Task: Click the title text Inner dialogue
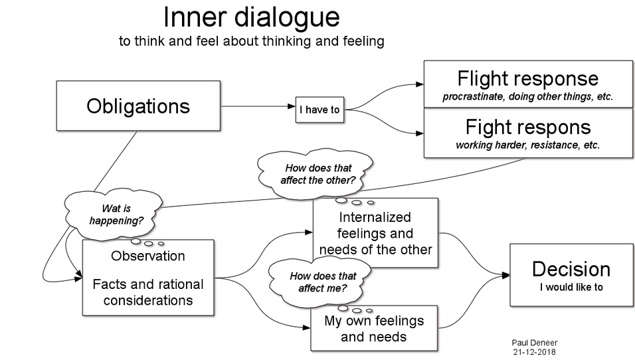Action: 251,18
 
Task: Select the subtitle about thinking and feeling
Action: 251,41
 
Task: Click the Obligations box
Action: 138,106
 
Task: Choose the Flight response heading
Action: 527,79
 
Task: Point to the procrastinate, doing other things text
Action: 527,96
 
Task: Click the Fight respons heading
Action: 527,127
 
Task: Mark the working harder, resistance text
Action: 527,145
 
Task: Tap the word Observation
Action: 148,256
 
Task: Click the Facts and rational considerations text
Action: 148,292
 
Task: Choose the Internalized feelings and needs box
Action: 375,233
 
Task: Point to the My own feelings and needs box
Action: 374,328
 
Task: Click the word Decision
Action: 571,269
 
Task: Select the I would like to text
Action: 571,288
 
